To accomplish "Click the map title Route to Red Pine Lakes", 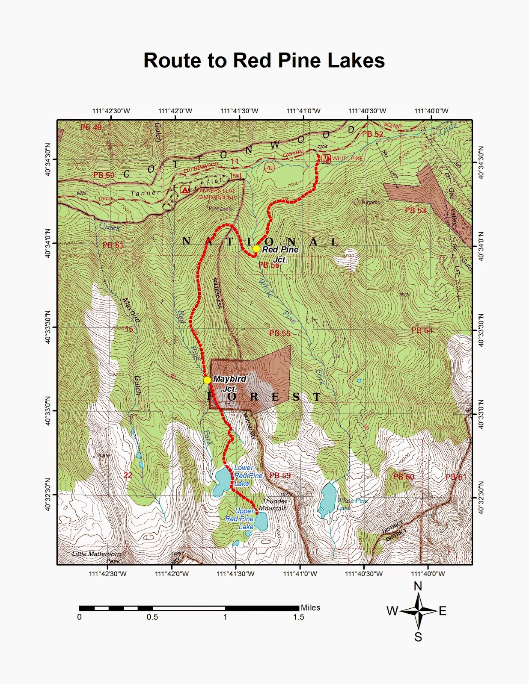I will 264,60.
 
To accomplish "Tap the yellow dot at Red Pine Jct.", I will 256,248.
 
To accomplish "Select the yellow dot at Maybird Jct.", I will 207,380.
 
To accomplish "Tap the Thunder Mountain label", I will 273,504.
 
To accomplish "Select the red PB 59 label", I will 280,475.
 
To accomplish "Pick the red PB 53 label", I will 415,210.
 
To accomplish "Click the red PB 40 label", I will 91,127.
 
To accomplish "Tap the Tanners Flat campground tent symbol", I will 185,189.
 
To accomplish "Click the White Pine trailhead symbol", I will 326,159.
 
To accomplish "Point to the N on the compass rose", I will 418,586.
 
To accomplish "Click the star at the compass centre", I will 419,610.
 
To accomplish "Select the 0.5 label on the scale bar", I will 152,617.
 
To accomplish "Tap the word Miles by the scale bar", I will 310,607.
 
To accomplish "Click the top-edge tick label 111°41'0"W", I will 303,111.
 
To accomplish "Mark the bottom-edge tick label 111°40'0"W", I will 428,574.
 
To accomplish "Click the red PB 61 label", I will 456,477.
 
